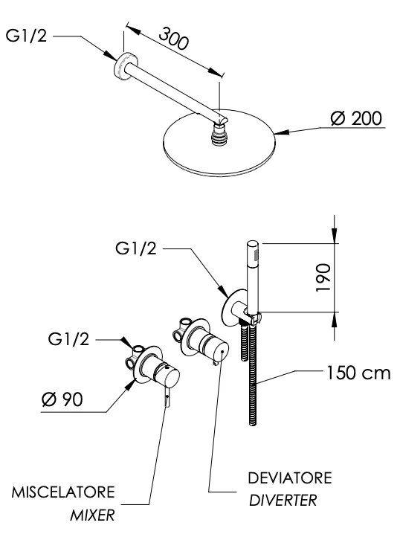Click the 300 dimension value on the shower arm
click(174, 39)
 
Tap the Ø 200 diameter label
click(356, 118)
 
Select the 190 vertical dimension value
click(323, 277)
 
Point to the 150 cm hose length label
click(358, 373)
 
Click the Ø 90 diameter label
click(62, 399)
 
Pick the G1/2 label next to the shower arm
click(26, 35)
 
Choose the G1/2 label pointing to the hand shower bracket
click(135, 248)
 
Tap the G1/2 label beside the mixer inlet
click(68, 339)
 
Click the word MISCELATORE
click(63, 492)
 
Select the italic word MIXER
click(92, 515)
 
